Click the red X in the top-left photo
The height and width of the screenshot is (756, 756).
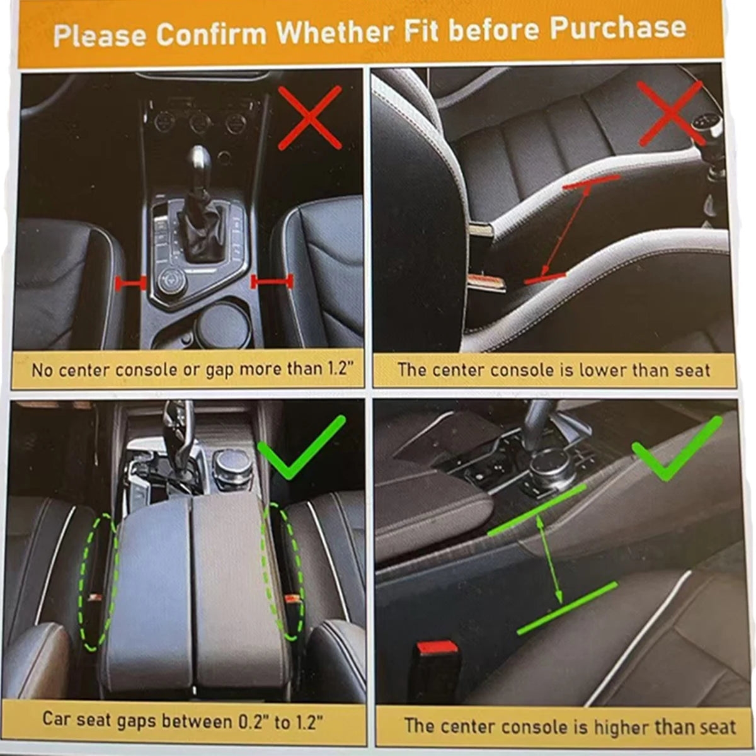pyautogui.click(x=310, y=118)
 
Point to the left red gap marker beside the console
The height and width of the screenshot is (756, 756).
pyautogui.click(x=131, y=285)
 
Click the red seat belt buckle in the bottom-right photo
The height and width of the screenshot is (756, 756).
pyautogui.click(x=437, y=649)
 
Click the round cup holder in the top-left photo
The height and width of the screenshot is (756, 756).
pyautogui.click(x=220, y=327)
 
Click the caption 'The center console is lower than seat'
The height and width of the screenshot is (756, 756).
pyautogui.click(x=553, y=370)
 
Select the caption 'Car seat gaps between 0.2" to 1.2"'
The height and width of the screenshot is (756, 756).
pyautogui.click(x=183, y=719)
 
